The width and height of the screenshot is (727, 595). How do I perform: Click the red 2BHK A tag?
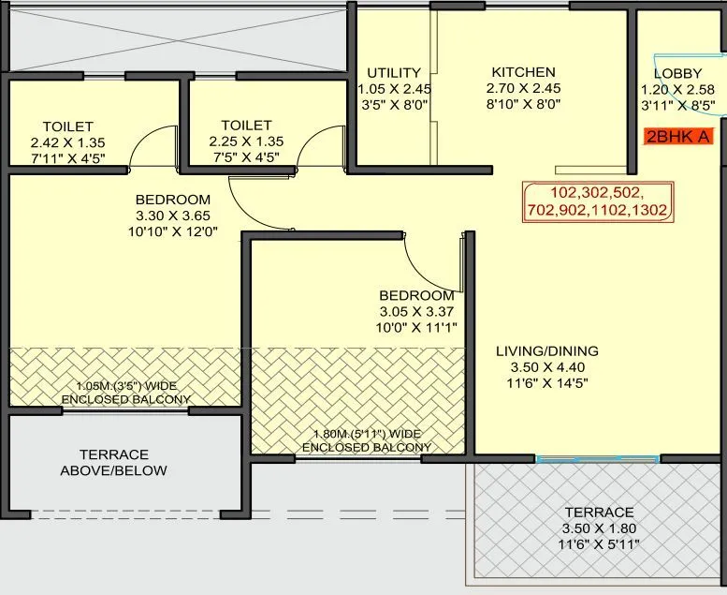tap(678, 137)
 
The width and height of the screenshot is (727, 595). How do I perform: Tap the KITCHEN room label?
tap(523, 72)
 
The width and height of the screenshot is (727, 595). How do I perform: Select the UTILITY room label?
tap(394, 73)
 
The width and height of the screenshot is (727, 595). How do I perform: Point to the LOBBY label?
tap(677, 73)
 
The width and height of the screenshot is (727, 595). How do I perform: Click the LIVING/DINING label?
tap(546, 351)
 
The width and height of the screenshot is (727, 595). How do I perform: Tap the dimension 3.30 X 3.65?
tap(172, 216)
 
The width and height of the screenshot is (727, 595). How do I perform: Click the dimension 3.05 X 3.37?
tap(416, 311)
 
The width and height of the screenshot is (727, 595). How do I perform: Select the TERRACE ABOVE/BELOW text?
tap(113, 462)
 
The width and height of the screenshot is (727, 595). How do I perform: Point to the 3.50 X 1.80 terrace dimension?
tap(599, 528)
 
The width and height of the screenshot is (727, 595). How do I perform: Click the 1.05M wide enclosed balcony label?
tap(125, 393)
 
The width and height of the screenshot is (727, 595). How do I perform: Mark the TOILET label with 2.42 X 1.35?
tap(67, 126)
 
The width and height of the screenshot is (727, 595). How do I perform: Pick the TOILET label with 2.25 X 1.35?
tap(246, 126)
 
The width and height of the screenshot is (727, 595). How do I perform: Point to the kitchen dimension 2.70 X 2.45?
tap(523, 89)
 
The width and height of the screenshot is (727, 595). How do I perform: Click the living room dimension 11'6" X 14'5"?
tap(546, 383)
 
